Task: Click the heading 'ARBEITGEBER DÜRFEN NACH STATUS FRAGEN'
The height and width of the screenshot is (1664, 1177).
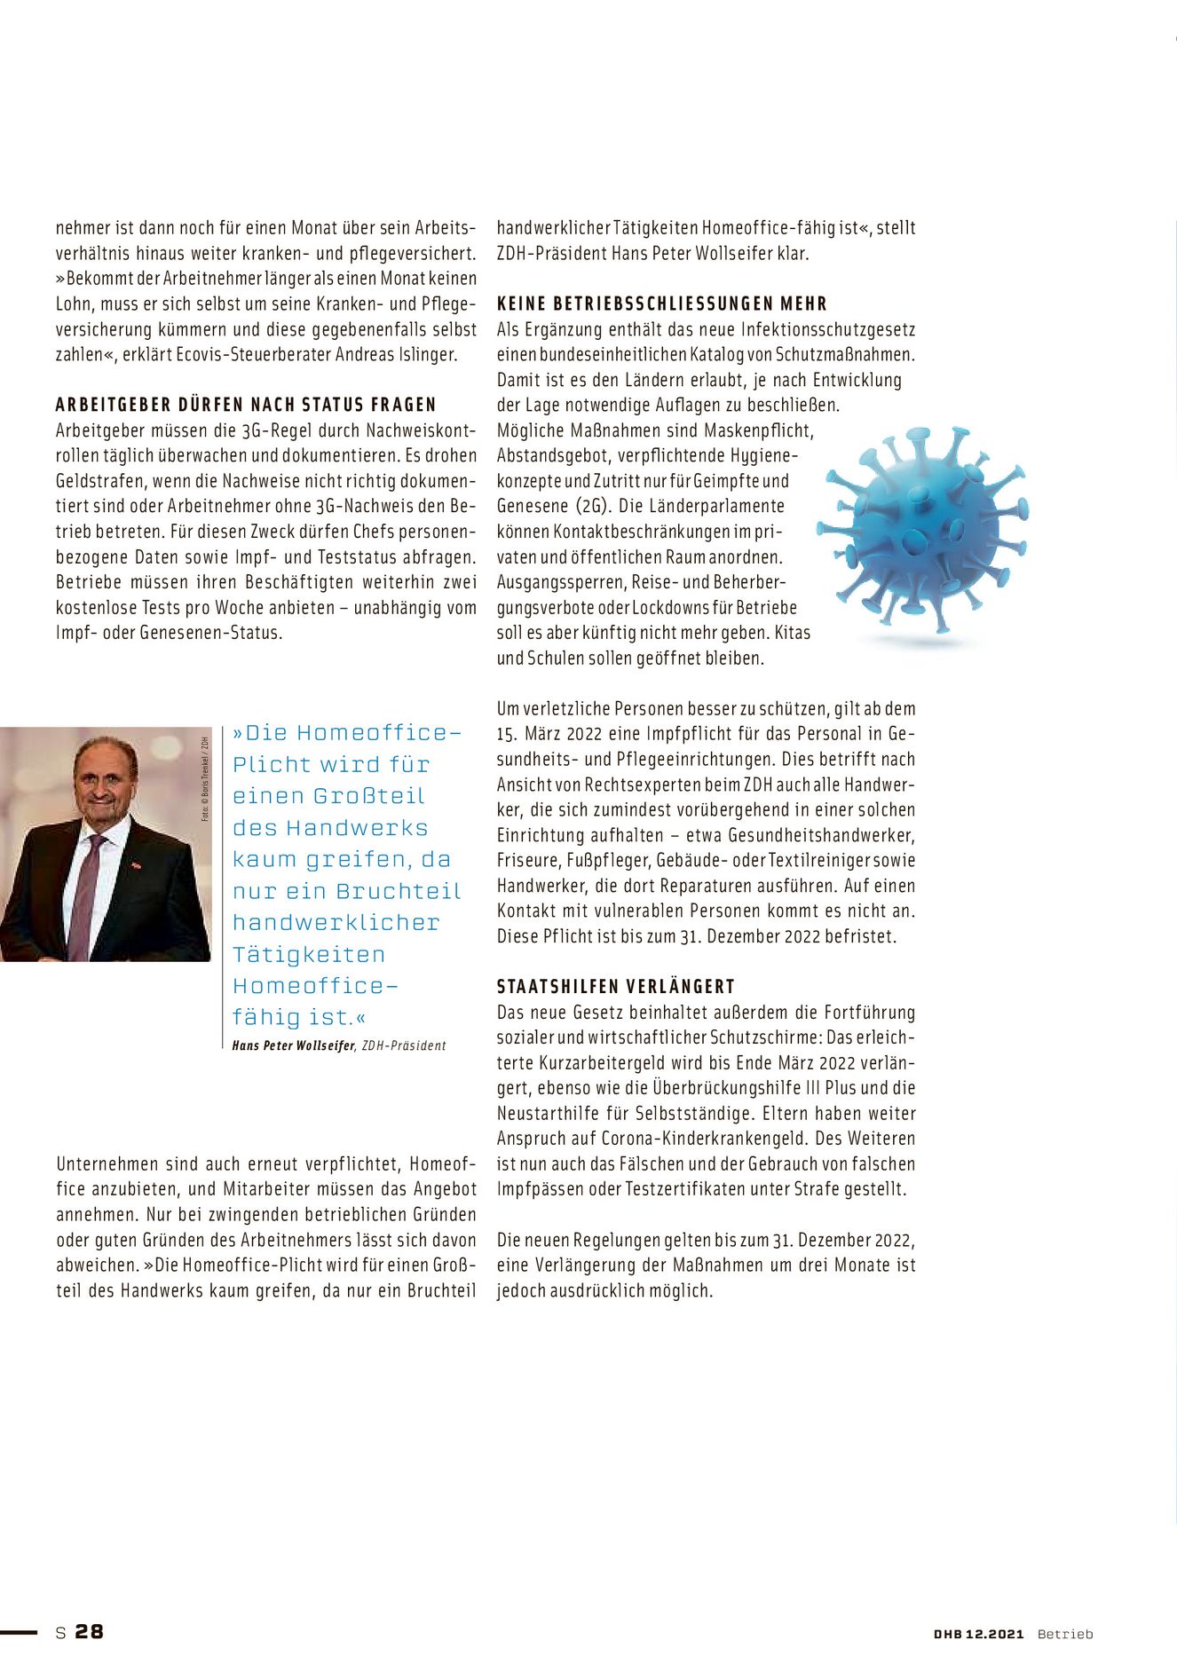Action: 246,405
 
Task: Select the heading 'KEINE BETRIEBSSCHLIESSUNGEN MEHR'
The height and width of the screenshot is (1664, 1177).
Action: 661,304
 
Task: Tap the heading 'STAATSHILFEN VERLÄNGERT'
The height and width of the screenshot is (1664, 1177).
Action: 615,986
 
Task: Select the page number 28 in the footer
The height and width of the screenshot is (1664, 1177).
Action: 89,1631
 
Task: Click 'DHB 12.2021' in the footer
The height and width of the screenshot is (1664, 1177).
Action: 978,1634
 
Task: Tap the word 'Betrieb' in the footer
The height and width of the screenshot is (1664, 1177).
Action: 1065,1634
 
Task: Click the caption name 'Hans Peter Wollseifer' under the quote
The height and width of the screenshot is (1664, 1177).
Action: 293,1045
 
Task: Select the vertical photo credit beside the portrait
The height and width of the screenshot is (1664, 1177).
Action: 205,778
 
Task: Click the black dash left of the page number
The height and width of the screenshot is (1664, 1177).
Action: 19,1631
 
